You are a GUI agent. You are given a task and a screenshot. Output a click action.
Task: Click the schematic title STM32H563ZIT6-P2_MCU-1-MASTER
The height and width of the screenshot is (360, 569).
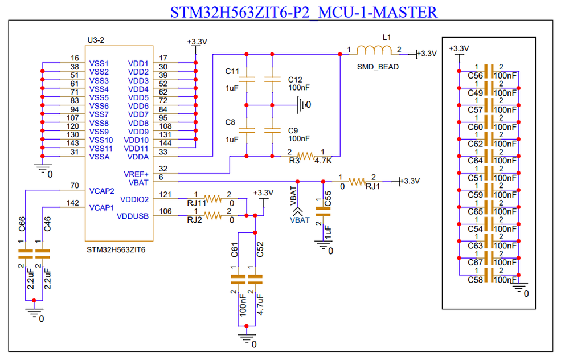pos(304,11)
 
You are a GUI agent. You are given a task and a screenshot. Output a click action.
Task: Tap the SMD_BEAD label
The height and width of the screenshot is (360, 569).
pos(378,67)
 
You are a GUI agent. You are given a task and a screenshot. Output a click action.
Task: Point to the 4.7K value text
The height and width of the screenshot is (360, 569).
pos(323,161)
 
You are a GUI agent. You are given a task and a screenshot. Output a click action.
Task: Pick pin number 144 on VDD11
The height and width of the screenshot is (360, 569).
pos(163,143)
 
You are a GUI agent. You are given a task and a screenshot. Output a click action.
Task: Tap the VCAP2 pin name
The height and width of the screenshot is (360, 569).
pos(102,190)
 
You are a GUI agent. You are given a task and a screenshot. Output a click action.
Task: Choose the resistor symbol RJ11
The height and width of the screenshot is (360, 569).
pos(213,199)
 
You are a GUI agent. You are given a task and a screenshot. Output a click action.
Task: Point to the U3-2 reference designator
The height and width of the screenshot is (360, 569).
pos(96,40)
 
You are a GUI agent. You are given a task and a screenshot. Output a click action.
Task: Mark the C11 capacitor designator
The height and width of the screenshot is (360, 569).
pos(232,71)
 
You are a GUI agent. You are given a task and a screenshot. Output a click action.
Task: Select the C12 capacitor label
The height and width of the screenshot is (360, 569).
pos(295,79)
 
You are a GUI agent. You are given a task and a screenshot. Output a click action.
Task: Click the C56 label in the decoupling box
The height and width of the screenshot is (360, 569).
pos(475,76)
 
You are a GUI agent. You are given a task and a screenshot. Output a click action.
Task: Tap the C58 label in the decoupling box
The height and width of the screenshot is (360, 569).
pos(475,280)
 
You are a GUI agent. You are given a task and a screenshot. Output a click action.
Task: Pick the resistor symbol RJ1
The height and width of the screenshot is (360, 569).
pos(358,182)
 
